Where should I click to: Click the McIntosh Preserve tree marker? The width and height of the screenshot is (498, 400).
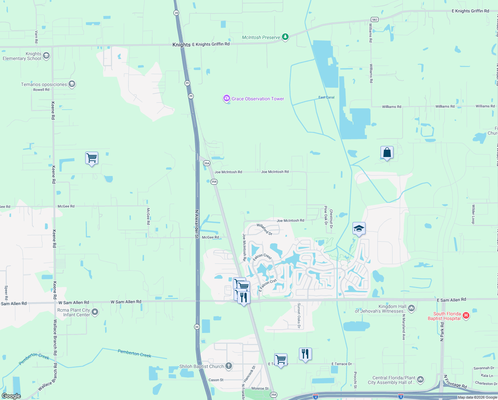[285, 37]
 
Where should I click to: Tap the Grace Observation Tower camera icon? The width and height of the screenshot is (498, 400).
[227, 98]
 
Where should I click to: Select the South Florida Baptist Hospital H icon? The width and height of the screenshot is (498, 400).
[466, 315]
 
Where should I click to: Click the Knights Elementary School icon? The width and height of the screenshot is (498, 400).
[46, 56]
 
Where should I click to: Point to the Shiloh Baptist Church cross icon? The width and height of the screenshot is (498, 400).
[228, 366]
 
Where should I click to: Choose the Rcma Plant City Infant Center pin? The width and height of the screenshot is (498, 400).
[95, 312]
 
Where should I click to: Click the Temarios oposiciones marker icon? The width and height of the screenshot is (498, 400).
[72, 84]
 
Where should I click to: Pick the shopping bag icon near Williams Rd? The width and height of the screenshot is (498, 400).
[387, 153]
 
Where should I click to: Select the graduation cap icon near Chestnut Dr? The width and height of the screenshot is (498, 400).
[359, 229]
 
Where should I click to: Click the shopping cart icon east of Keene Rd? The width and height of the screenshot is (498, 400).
[92, 158]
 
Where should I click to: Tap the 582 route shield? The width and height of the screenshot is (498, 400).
[374, 20]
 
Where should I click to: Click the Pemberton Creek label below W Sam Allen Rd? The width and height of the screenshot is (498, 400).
[134, 353]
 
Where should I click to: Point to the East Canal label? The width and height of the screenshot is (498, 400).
[326, 97]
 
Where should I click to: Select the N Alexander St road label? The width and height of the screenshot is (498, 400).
[197, 224]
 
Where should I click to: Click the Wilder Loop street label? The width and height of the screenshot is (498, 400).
[473, 214]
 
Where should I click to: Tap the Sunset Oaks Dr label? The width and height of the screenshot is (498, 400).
[299, 316]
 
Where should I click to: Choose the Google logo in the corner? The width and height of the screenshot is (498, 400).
[11, 396]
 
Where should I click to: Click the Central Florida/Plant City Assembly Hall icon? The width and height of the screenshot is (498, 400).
[420, 380]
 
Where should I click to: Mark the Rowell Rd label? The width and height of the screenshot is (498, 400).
[41, 90]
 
